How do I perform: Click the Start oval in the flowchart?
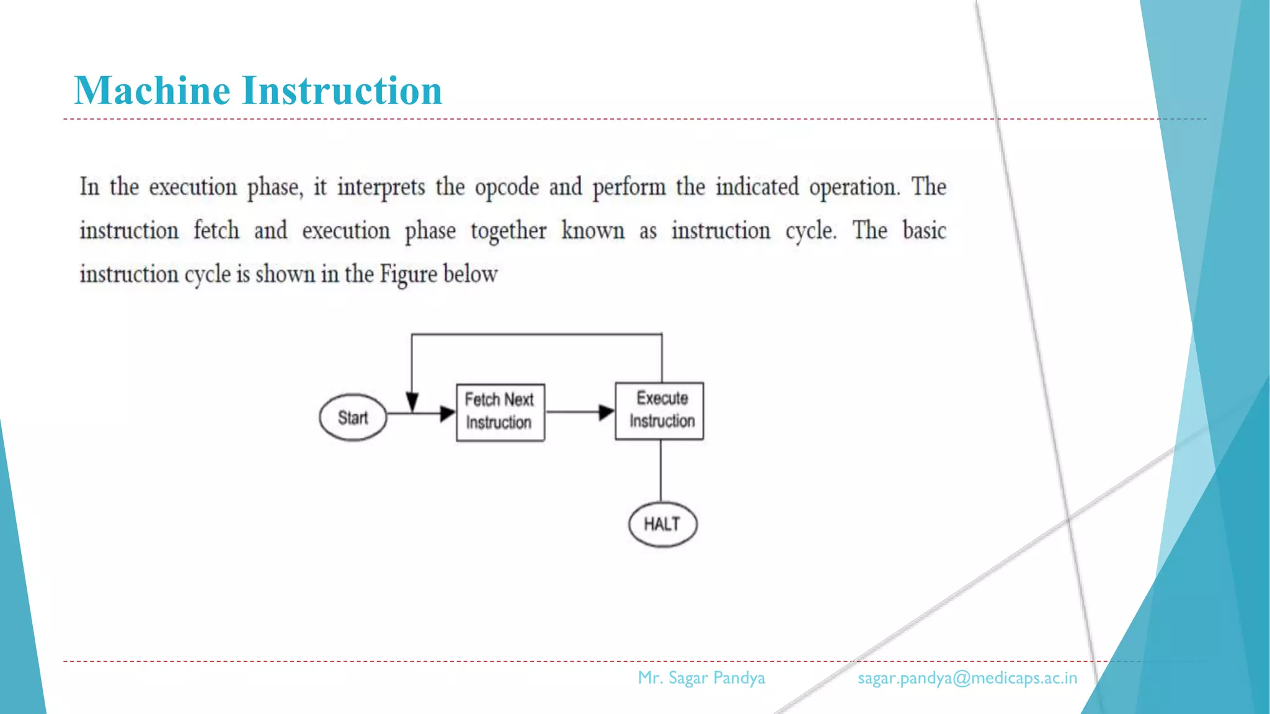tap(353, 418)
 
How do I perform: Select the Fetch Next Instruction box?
tap(500, 412)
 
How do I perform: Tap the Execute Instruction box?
tap(659, 411)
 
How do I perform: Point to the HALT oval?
tap(662, 524)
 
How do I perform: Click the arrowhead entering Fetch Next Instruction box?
tap(447, 413)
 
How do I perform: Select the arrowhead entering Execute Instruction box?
tap(606, 412)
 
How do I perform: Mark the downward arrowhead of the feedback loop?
tap(412, 402)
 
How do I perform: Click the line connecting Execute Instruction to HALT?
tap(660, 471)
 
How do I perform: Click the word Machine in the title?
tap(153, 90)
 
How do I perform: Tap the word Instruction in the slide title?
tap(342, 90)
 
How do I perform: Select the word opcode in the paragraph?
tap(507, 187)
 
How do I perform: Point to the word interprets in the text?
tap(381, 187)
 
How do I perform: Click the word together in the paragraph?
tap(508, 231)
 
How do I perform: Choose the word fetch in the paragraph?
tap(216, 231)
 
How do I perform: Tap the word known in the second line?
tap(593, 231)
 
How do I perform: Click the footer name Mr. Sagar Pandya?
tap(701, 678)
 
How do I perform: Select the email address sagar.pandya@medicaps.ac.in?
tap(967, 678)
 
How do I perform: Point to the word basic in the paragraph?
tap(924, 231)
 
